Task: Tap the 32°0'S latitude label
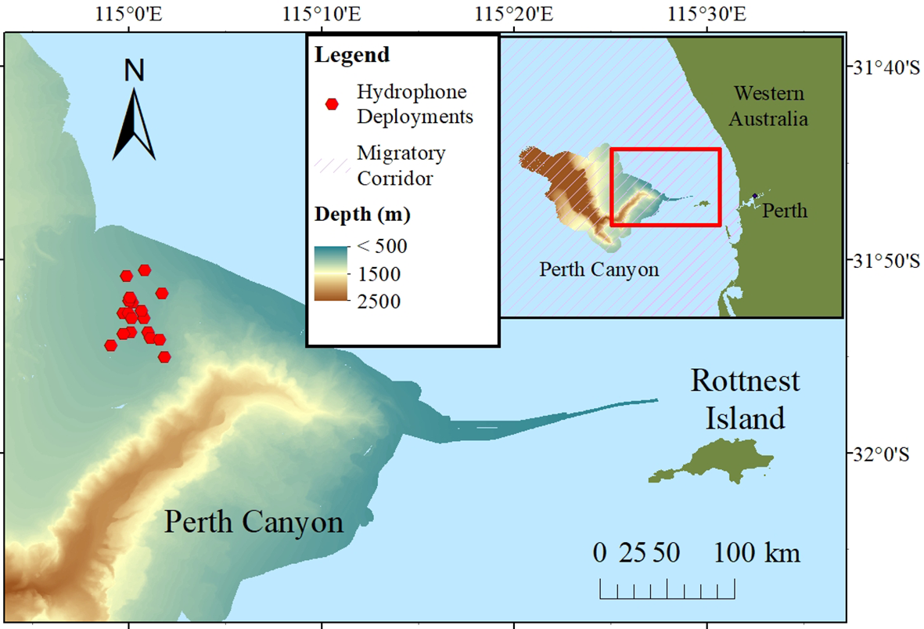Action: [x=883, y=454]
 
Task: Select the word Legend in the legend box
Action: [x=351, y=56]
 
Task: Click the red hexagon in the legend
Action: [x=332, y=103]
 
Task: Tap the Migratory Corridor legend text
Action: [x=401, y=165]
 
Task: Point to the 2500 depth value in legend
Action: [x=379, y=302]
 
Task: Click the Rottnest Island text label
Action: [x=745, y=399]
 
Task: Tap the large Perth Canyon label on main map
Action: [x=253, y=522]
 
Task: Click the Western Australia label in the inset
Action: [x=769, y=107]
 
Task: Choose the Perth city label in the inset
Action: [x=786, y=211]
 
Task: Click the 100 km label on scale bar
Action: [x=756, y=553]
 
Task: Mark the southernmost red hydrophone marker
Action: [x=164, y=357]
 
